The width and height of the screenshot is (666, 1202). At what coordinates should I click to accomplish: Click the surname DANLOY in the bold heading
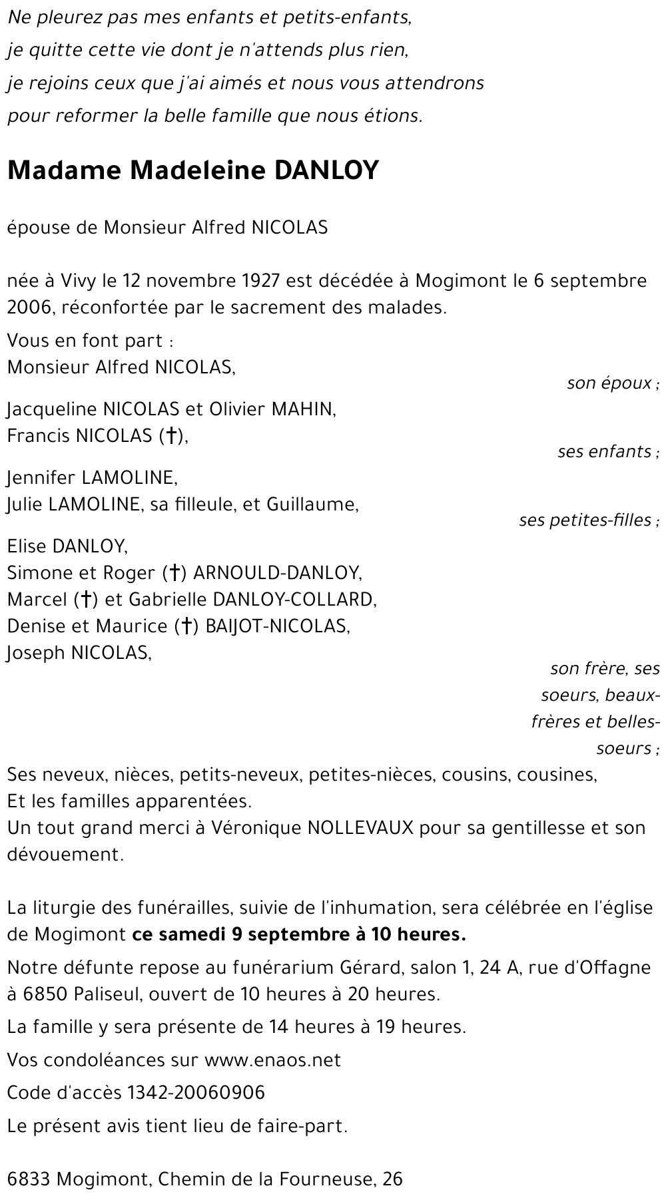tap(326, 171)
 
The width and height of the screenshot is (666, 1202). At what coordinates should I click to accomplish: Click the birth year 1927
tap(260, 281)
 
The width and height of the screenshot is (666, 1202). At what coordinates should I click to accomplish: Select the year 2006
tap(28, 307)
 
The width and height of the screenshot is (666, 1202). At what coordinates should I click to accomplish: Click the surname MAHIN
tap(302, 409)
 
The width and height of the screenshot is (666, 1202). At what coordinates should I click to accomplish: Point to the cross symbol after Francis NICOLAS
tap(171, 436)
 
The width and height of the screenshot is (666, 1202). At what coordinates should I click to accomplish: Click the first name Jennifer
tap(41, 477)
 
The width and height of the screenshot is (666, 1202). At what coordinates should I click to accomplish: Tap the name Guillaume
tap(312, 504)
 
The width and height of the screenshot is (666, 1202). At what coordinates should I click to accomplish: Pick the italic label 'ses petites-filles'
tap(585, 520)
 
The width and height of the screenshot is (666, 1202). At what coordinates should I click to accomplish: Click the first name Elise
tap(27, 546)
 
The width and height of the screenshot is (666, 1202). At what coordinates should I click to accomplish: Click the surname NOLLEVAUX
tap(360, 828)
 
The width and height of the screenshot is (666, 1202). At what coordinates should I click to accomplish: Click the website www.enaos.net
tap(272, 1060)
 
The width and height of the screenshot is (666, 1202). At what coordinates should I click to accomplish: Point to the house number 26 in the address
tap(392, 1179)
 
